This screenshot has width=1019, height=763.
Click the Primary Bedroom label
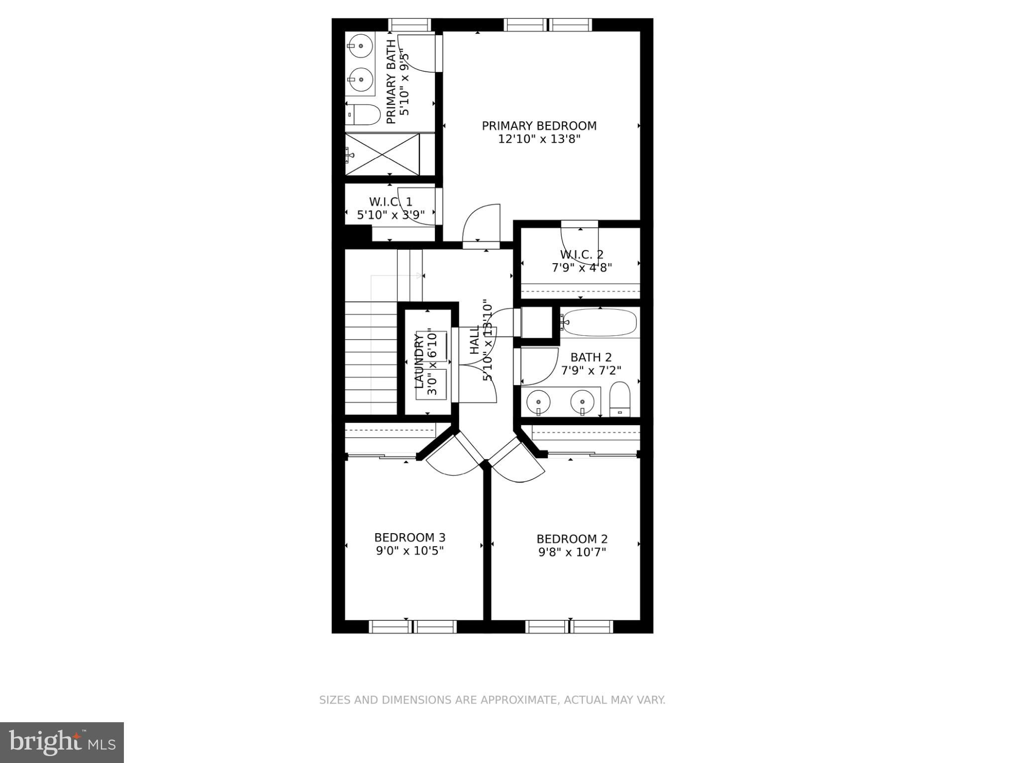539,126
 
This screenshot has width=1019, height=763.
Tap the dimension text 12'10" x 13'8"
539,139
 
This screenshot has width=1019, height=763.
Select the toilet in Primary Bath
363,114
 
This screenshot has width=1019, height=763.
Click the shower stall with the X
382,155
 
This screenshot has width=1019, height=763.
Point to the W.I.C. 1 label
391,202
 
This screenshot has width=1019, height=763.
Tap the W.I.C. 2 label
581,255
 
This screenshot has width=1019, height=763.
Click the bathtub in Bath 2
600,322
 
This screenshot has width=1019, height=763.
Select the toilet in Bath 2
620,399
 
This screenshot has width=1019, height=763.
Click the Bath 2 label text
591,357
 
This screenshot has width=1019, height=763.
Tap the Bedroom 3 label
409,538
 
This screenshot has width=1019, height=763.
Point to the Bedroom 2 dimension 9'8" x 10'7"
572,552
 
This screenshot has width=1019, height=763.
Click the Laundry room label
419,361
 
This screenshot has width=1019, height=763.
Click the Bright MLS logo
62,743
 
